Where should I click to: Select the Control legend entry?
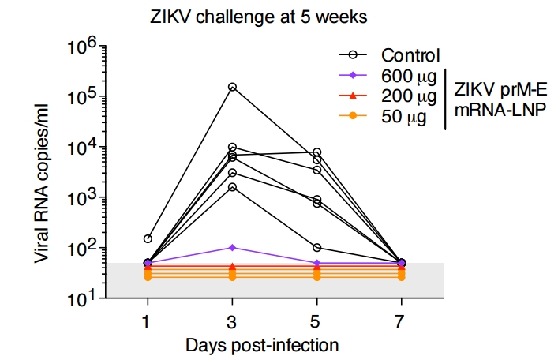click(x=410, y=55)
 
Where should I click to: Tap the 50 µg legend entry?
click(x=403, y=117)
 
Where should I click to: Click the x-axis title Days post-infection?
click(x=262, y=345)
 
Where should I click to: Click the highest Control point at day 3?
click(x=232, y=87)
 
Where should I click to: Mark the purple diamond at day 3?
click(x=232, y=248)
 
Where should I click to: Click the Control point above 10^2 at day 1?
click(x=148, y=238)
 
